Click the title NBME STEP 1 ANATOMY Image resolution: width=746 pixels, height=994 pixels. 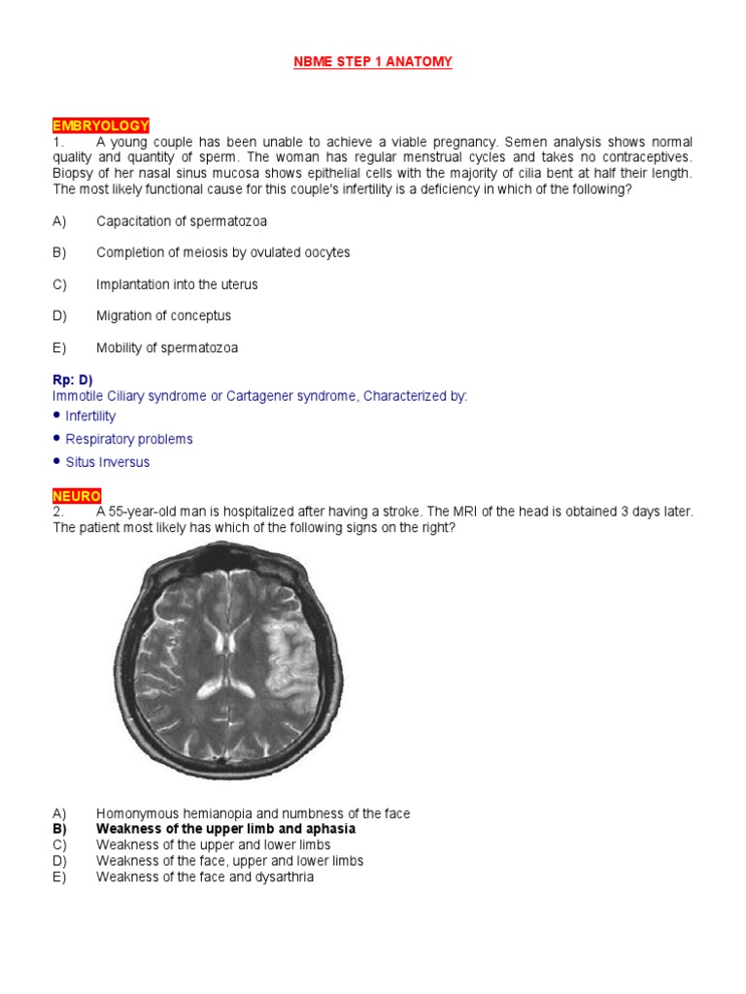373,62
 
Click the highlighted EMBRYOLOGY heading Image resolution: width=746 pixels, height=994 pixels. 101,126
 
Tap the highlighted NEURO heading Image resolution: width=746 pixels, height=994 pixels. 77,496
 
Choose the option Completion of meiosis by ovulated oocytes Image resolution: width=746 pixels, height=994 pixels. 222,252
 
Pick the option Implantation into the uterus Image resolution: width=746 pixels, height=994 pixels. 177,284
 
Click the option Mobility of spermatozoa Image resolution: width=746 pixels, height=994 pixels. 166,348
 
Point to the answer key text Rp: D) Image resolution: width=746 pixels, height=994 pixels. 73,381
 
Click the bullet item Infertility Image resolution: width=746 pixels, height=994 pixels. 90,416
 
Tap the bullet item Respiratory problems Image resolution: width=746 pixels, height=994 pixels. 128,440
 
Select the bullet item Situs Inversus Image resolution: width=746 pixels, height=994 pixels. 107,463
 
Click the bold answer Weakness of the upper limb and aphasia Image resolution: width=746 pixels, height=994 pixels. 225,830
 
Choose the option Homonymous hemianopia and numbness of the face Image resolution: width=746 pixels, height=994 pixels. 253,813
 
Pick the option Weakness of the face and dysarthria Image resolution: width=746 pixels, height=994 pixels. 204,877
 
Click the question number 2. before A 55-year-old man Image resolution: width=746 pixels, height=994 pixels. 58,512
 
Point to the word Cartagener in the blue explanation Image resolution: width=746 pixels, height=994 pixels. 251,396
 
